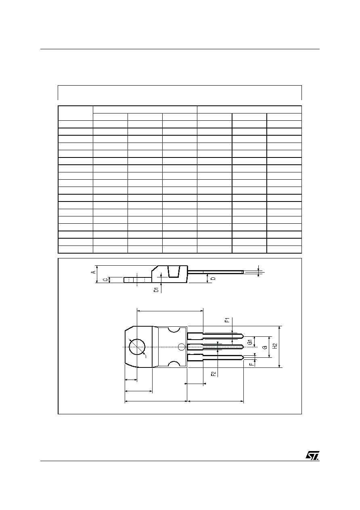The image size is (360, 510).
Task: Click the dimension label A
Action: pyautogui.click(x=93, y=272)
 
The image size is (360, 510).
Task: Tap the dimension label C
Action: pyautogui.click(x=105, y=279)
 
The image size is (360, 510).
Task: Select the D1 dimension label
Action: pyautogui.click(x=156, y=290)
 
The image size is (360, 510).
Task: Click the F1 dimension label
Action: pyautogui.click(x=227, y=320)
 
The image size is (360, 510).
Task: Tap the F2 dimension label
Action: pyautogui.click(x=213, y=374)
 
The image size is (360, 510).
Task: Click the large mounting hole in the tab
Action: pyautogui.click(x=137, y=347)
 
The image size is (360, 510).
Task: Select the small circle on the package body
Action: pyautogui.click(x=181, y=347)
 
